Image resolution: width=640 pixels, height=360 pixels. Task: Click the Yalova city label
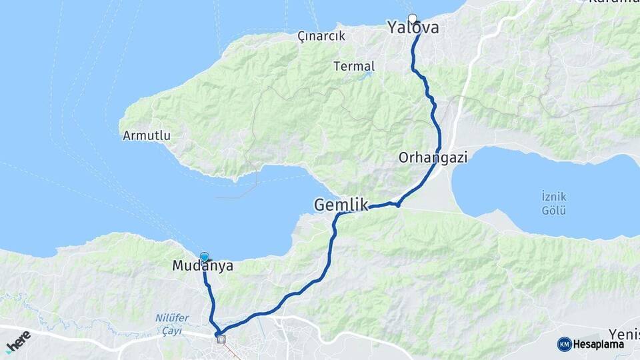point(413,28)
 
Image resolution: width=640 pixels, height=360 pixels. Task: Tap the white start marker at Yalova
point(413,19)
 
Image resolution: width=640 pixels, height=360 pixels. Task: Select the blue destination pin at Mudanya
point(205,257)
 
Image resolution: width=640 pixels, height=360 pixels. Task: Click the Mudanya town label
point(203,266)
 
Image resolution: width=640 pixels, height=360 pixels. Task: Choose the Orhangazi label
point(433,158)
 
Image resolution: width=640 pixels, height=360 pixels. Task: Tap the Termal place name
point(355,66)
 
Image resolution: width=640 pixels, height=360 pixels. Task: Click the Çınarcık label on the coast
point(321,36)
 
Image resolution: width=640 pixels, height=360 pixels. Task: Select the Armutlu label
point(147,135)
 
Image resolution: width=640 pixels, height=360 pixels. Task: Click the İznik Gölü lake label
point(554,203)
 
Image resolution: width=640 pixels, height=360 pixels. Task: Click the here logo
point(19,341)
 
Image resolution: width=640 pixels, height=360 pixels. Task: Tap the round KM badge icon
point(564,344)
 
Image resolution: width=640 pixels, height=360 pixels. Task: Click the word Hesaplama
point(598,344)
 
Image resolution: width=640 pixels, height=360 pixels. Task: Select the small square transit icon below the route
point(221,339)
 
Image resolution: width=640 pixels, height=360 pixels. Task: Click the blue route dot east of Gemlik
point(398,204)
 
